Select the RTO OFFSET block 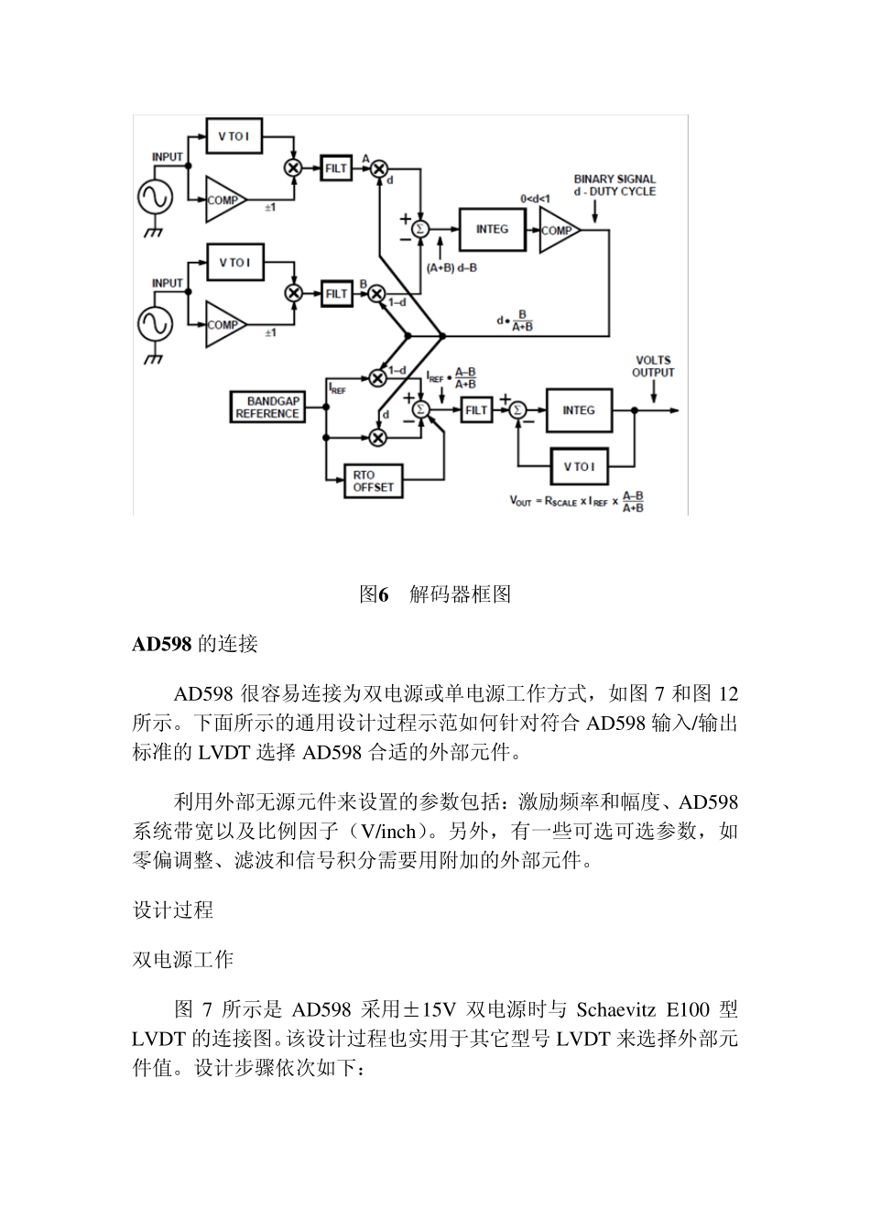373,481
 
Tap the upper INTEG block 492,229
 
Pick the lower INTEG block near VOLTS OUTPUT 578,410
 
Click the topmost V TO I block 234,136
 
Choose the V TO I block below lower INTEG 578,466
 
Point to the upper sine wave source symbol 155,198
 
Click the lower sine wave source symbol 155,323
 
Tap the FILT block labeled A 336,169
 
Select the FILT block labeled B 336,293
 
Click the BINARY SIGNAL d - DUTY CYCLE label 614,185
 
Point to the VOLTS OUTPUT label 653,366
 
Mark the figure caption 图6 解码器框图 435,594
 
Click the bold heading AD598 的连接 195,644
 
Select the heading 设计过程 173,910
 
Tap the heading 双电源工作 183,959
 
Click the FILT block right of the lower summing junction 476,410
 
